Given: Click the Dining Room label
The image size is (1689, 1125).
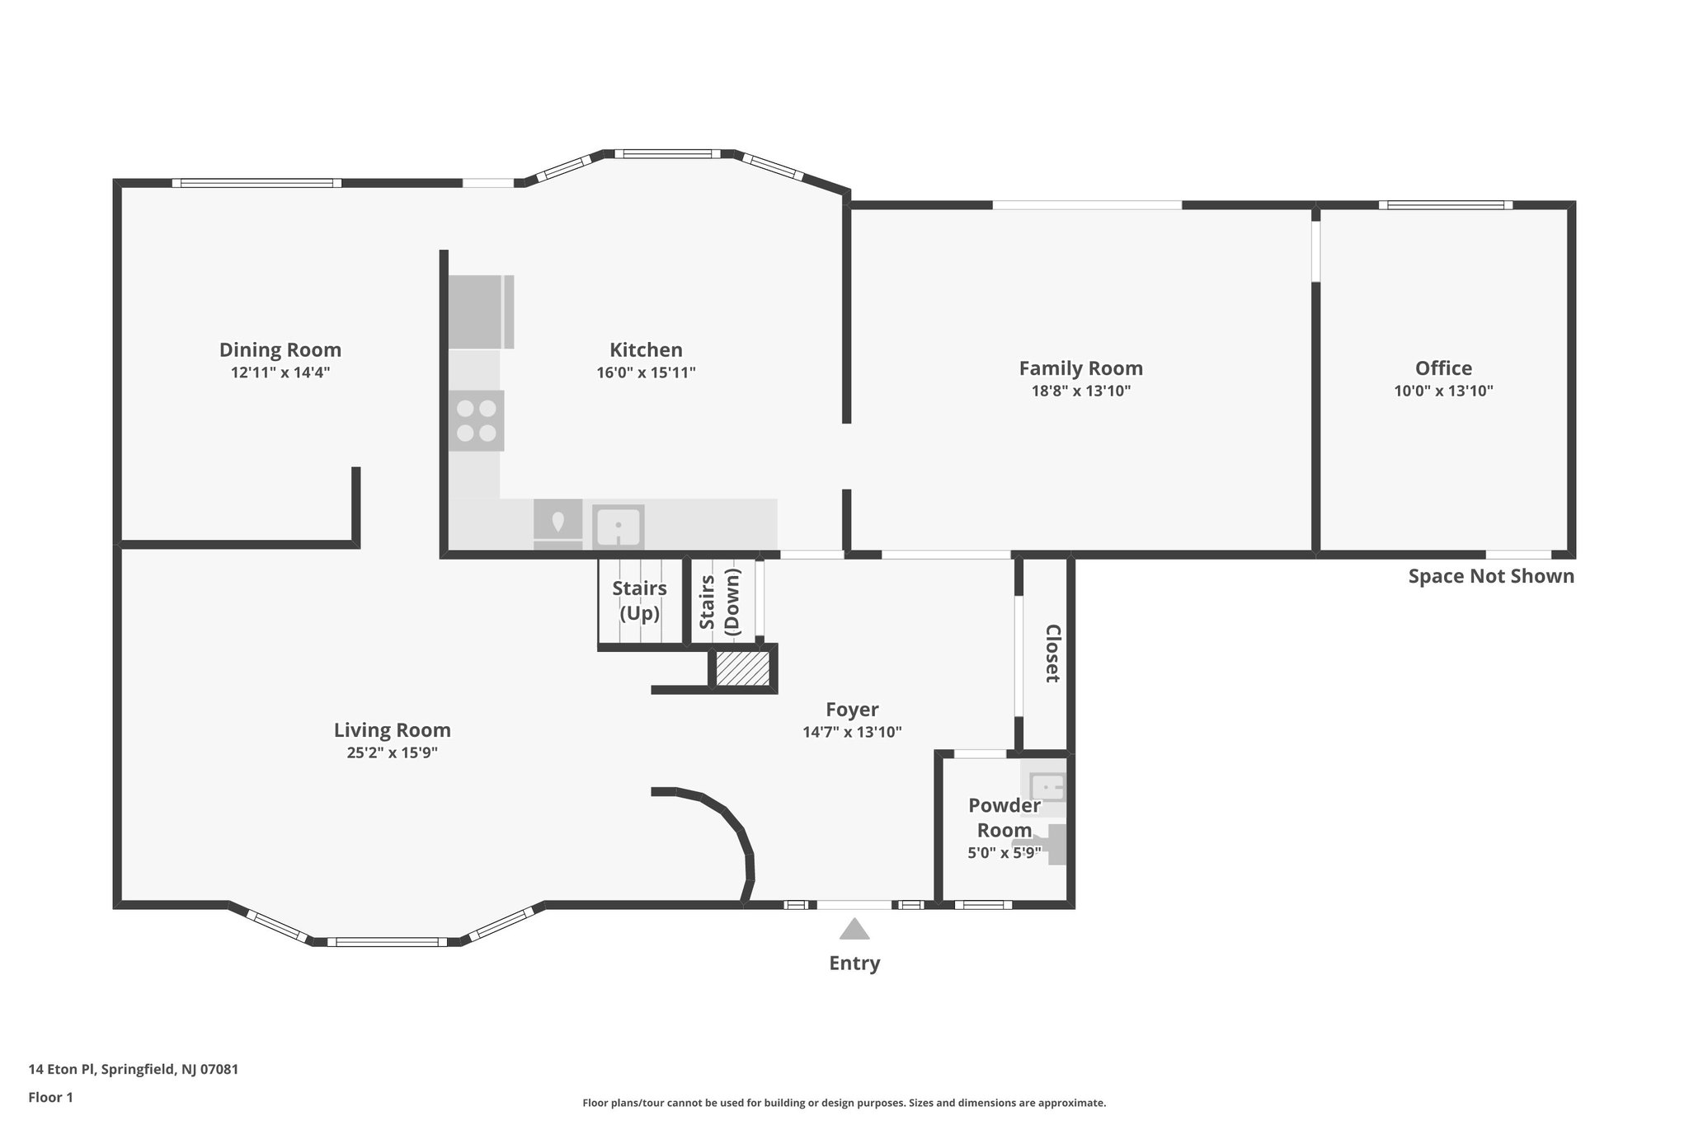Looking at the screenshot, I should pyautogui.click(x=280, y=349).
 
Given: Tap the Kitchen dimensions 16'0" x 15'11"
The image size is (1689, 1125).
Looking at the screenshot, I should pyautogui.click(x=646, y=373).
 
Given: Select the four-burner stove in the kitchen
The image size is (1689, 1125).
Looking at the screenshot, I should pyautogui.click(x=476, y=420).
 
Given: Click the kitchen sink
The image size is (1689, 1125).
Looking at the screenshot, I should pyautogui.click(x=618, y=526).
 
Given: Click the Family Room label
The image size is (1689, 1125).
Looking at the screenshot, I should pyautogui.click(x=1080, y=368).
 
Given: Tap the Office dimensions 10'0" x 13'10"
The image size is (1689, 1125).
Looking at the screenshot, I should pyautogui.click(x=1443, y=391).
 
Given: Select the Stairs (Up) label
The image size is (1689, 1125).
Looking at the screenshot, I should pyautogui.click(x=639, y=601).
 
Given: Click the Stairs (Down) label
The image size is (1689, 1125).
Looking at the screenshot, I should pyautogui.click(x=719, y=602).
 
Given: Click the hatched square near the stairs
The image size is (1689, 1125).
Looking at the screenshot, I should pyautogui.click(x=741, y=668).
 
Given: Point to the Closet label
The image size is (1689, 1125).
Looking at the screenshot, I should pyautogui.click(x=1052, y=653).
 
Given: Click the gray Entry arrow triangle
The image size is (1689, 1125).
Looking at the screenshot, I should pyautogui.click(x=854, y=930).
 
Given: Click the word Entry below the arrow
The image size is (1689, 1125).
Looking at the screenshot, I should pyautogui.click(x=854, y=963).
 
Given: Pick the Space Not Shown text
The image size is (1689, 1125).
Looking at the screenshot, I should pyautogui.click(x=1490, y=576).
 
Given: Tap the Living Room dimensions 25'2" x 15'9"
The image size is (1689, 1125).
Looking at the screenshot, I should pyautogui.click(x=392, y=752).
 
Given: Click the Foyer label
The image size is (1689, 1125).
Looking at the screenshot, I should pyautogui.click(x=852, y=710).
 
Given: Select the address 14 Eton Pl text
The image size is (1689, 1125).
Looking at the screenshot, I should pyautogui.click(x=133, y=1070).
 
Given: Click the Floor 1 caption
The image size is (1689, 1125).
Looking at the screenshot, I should pyautogui.click(x=50, y=1097).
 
